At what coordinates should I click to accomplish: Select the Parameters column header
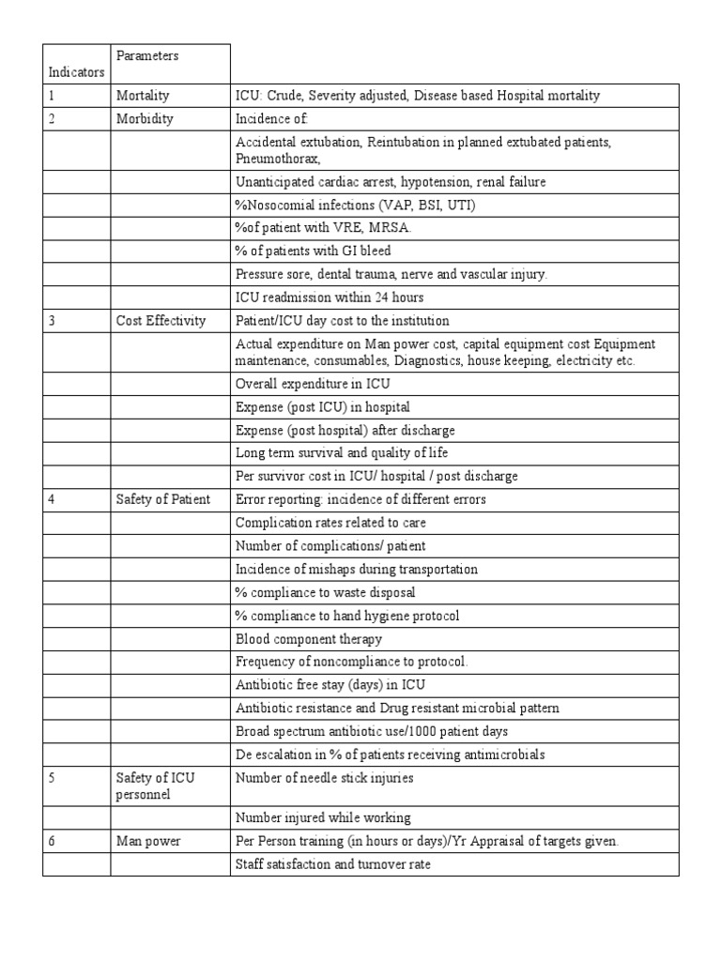coord(147,56)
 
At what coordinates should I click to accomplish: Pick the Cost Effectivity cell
coord(161,321)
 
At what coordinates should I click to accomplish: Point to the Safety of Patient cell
coord(162,499)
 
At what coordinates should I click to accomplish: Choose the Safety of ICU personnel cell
coord(156,786)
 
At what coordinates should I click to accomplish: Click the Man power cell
coord(147,841)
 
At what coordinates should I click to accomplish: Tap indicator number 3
coord(53,321)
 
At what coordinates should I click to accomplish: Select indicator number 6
coord(53,841)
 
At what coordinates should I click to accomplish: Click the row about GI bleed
coord(314,251)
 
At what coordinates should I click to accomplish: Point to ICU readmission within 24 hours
coord(330,297)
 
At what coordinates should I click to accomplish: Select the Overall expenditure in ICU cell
coord(313,384)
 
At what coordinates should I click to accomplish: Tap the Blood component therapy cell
coord(309,639)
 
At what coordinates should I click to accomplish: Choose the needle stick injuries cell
coord(324,777)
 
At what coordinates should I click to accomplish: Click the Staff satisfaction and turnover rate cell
coord(333,864)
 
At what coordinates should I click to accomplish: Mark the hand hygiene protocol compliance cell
coord(347,616)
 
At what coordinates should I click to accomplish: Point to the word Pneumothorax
coord(279,160)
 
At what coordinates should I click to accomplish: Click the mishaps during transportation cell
coord(356,569)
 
